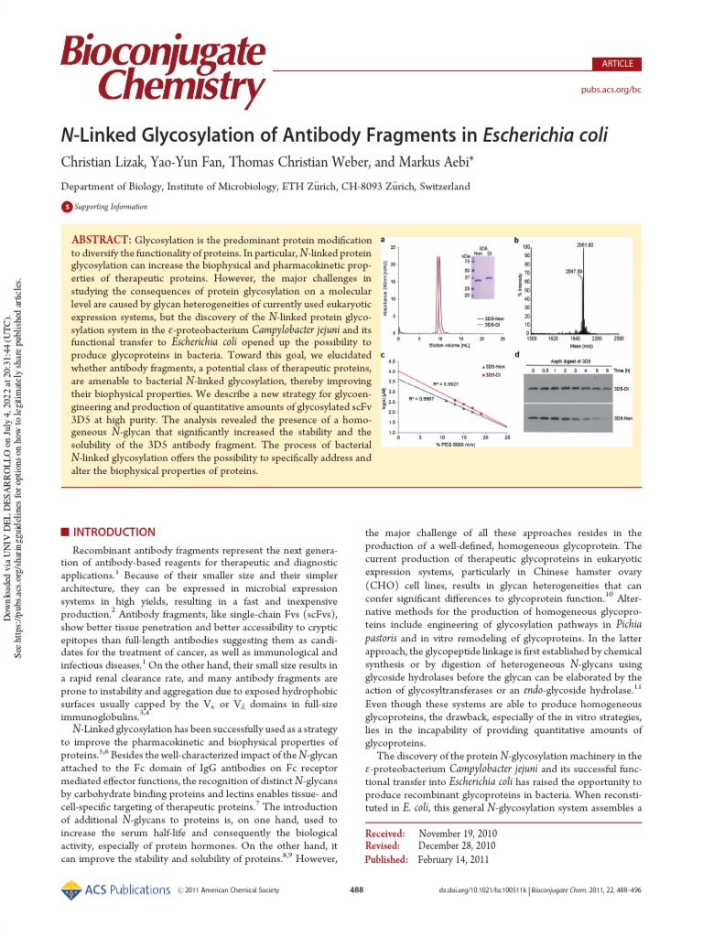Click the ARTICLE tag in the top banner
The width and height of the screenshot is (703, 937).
tap(615, 63)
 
